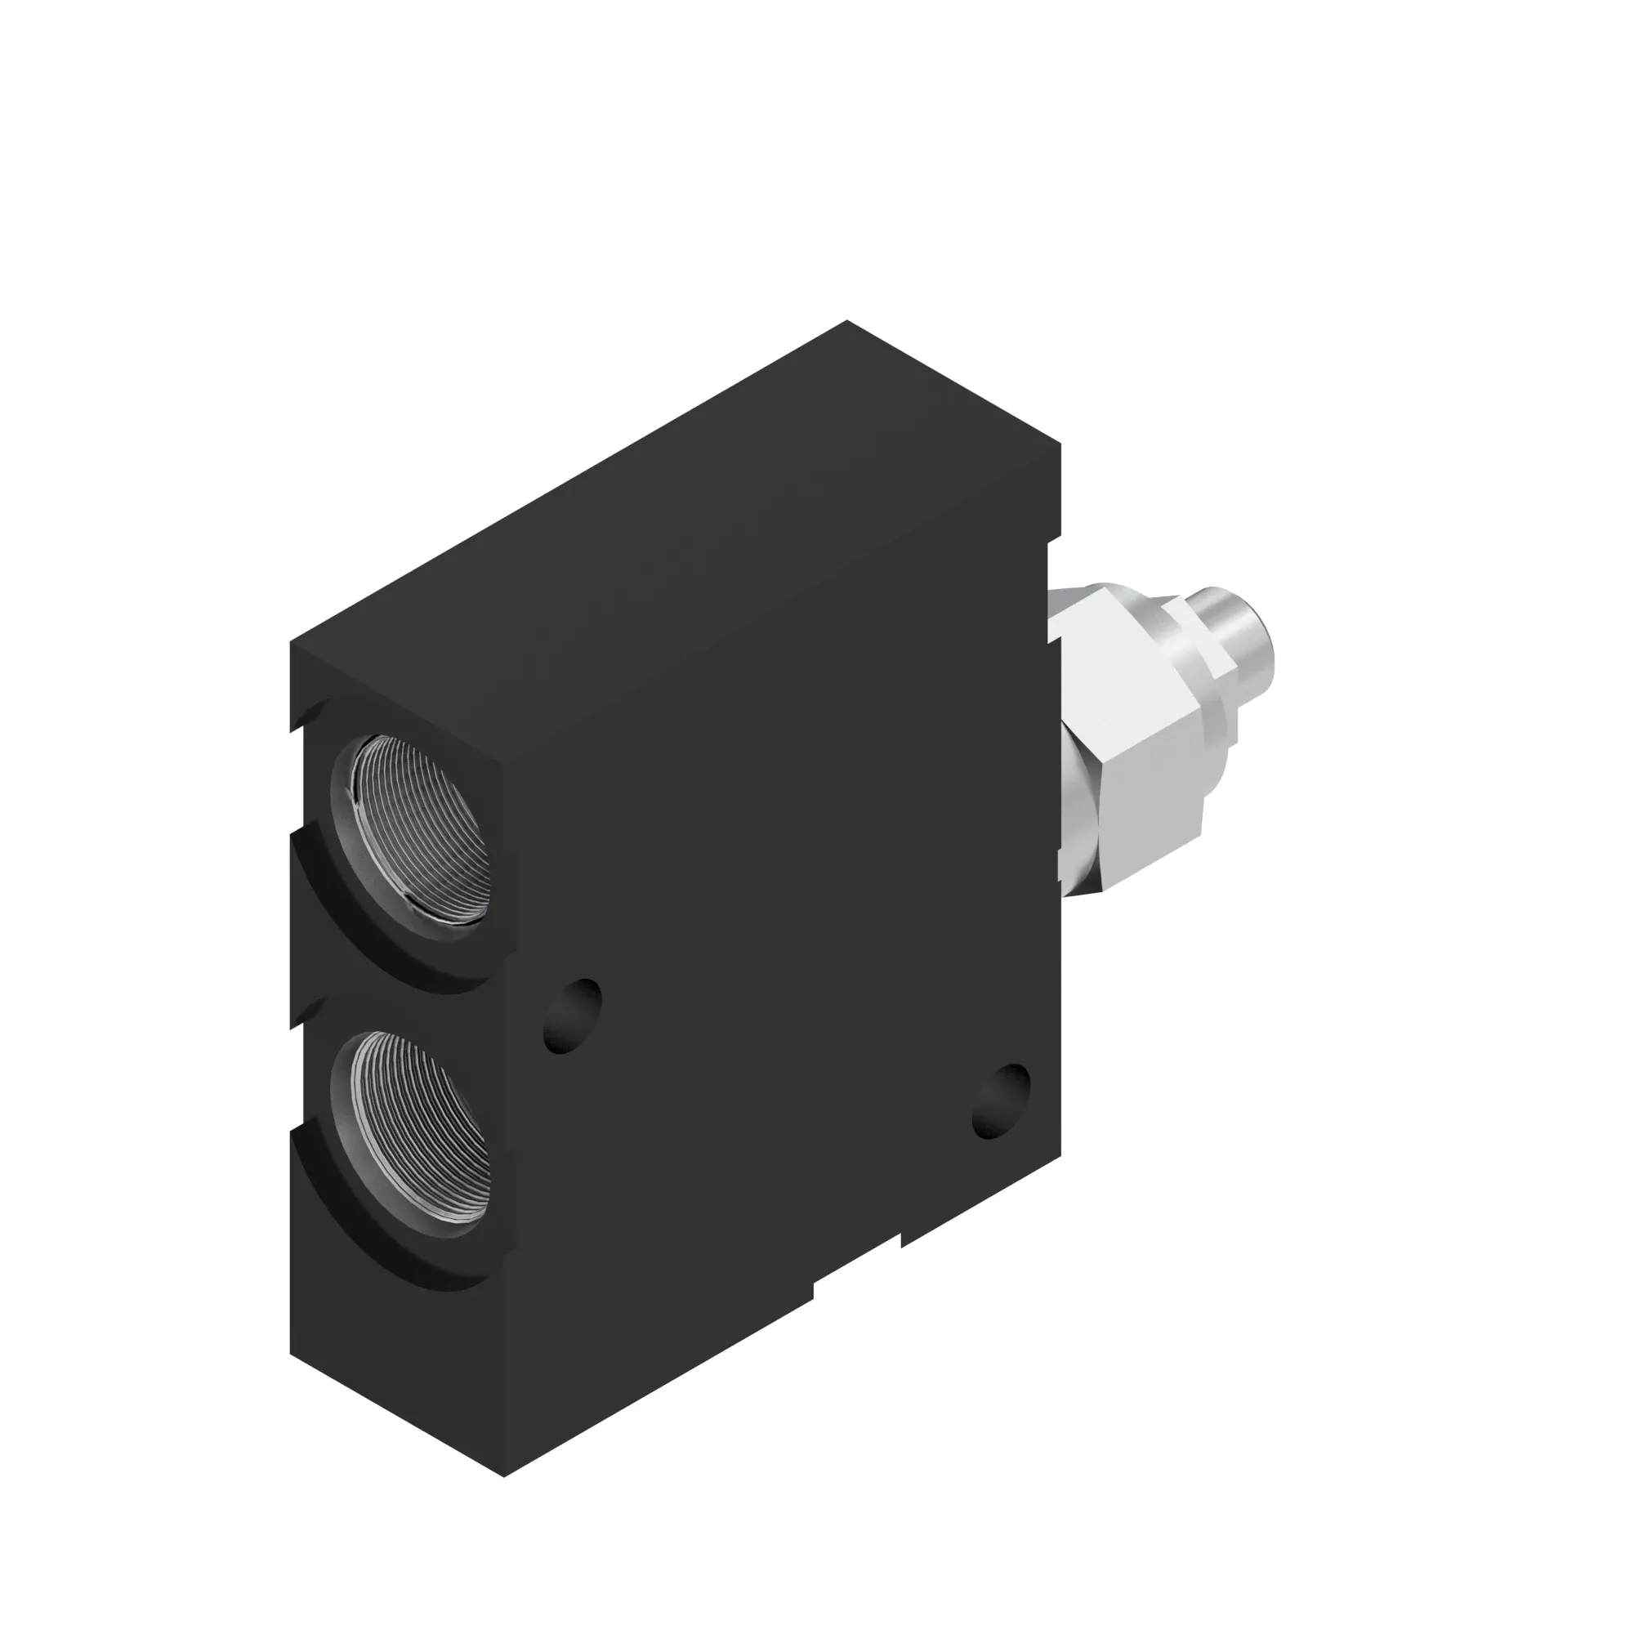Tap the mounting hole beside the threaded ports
(572, 1016)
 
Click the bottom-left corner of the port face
(292, 1353)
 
